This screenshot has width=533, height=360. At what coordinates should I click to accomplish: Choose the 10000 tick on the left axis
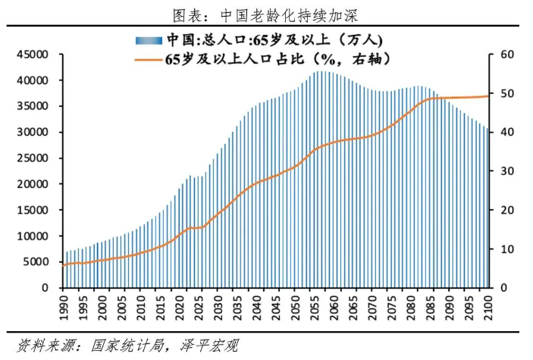[35, 236]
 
